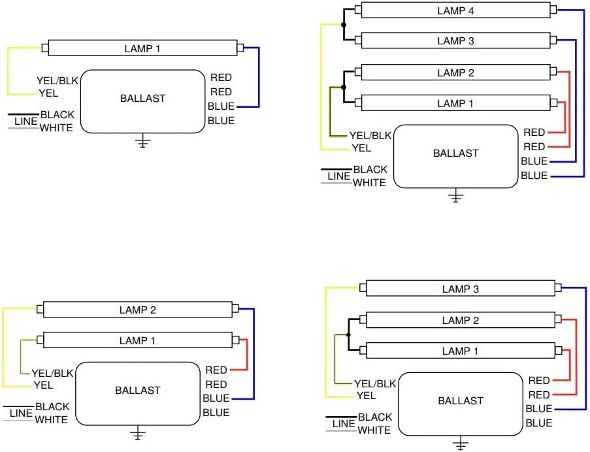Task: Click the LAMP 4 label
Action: pos(455,11)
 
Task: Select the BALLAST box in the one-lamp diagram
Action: pos(143,101)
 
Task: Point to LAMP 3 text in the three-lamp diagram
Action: pos(460,289)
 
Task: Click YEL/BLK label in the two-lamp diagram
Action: pos(52,373)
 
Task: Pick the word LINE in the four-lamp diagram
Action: pos(338,176)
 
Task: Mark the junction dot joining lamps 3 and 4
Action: pos(344,25)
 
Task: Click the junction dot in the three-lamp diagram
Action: pos(348,334)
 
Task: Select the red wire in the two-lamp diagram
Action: pos(247,355)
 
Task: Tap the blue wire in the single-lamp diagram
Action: pos(259,77)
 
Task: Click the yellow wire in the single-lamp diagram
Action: pos(8,71)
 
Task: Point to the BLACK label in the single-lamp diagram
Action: pos(57,114)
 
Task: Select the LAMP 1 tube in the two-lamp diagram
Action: pos(138,340)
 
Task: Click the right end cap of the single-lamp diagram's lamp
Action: pos(240,48)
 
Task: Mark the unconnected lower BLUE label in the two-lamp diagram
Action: pos(216,413)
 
